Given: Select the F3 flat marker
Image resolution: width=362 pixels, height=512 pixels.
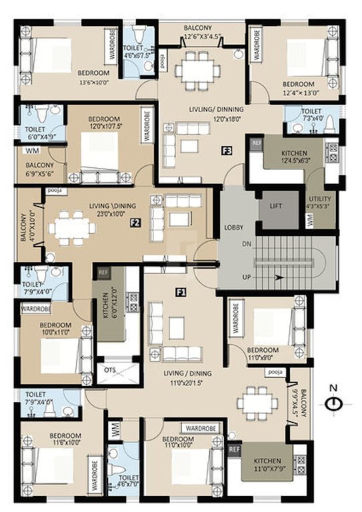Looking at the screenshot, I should (x=227, y=151).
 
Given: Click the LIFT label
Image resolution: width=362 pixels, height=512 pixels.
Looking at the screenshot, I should (x=275, y=207).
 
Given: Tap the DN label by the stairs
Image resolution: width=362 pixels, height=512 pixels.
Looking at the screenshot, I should (x=246, y=244).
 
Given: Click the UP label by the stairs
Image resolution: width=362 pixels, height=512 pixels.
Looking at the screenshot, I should (x=246, y=276).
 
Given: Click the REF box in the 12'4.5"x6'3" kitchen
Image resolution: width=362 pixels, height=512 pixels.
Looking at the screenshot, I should (x=255, y=142).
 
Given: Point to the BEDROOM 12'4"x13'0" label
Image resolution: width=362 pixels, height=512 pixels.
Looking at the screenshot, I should (x=301, y=89).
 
